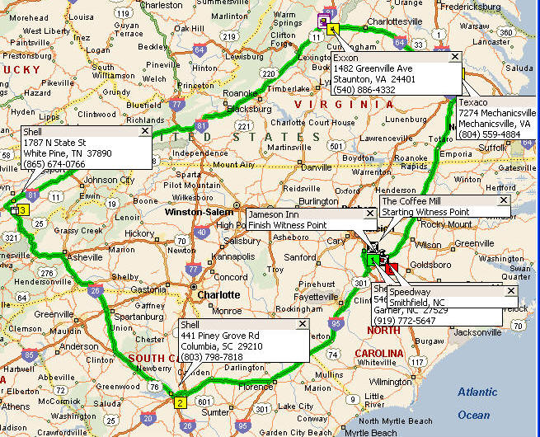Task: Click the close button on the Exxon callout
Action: tap(454, 57)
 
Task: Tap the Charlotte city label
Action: tap(218, 294)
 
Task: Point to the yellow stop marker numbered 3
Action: tap(23, 210)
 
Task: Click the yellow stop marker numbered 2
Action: tap(180, 402)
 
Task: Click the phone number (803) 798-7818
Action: tap(213, 356)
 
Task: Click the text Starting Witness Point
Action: tap(425, 212)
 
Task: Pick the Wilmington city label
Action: tap(389, 382)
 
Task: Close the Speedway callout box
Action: tap(509, 291)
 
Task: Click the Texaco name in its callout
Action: tap(473, 102)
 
